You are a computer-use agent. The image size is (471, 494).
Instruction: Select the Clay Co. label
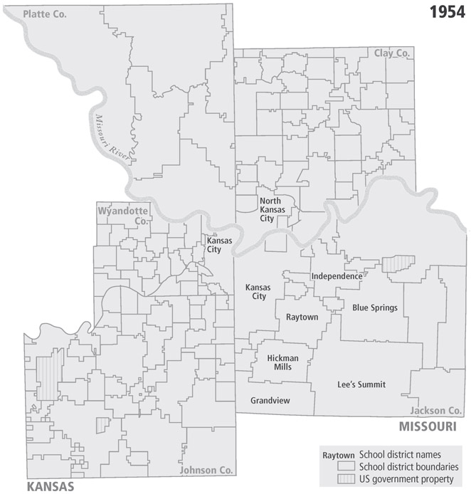(x=392, y=53)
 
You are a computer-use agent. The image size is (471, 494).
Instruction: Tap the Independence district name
(x=337, y=276)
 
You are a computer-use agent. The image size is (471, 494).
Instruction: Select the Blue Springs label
(x=374, y=308)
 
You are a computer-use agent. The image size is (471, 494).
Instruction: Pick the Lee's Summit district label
(x=361, y=384)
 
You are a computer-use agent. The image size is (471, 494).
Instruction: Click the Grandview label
(x=270, y=401)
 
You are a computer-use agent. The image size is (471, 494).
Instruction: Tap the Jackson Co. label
(x=435, y=411)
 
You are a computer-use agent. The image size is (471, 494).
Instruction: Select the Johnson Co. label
(x=206, y=471)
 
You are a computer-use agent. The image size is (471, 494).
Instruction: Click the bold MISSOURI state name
(x=426, y=426)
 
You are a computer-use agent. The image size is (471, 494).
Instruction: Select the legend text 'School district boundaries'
(x=408, y=467)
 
